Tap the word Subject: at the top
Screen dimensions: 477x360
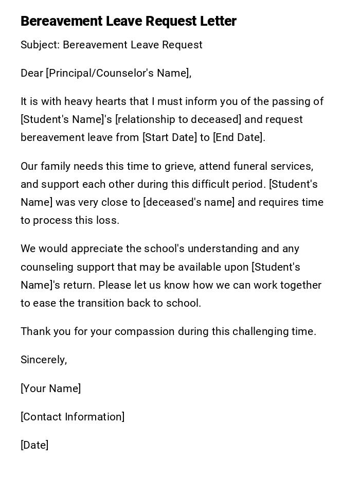(x=40, y=45)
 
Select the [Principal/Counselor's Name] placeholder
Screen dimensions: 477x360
(x=118, y=73)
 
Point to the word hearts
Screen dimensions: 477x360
(x=109, y=101)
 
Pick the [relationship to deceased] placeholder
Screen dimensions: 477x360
(x=178, y=119)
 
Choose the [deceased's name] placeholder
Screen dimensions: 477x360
(x=189, y=202)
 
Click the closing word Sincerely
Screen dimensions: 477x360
(x=43, y=360)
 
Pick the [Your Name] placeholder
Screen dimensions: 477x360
(x=50, y=388)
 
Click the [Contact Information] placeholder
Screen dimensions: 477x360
(x=73, y=417)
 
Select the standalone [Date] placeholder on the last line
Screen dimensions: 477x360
(x=34, y=445)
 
